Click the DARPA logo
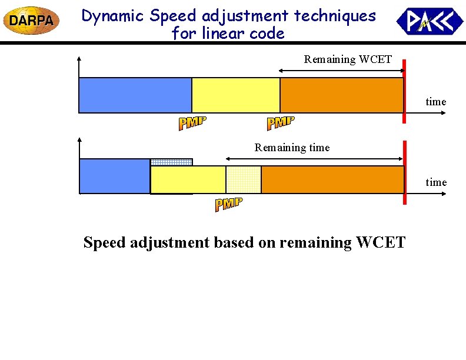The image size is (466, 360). (x=31, y=21)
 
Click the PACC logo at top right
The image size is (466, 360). (x=430, y=21)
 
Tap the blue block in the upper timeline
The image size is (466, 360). (x=135, y=95)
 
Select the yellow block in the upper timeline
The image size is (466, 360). (x=236, y=95)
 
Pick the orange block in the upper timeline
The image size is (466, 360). (x=341, y=95)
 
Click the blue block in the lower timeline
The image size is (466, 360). (x=114, y=176)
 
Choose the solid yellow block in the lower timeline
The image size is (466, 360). (x=188, y=179)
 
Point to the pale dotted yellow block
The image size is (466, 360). (x=244, y=179)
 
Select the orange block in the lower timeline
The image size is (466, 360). (x=332, y=179)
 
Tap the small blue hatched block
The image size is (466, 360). (x=171, y=162)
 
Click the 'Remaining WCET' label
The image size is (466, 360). (x=347, y=59)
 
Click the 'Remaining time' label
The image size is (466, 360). (x=292, y=148)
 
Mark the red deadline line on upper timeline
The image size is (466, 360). (x=404, y=91)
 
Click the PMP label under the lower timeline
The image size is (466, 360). (x=228, y=205)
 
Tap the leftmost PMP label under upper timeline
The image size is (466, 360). (x=192, y=123)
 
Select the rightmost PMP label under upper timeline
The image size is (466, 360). (x=281, y=123)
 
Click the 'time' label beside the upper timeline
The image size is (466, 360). (x=436, y=102)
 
